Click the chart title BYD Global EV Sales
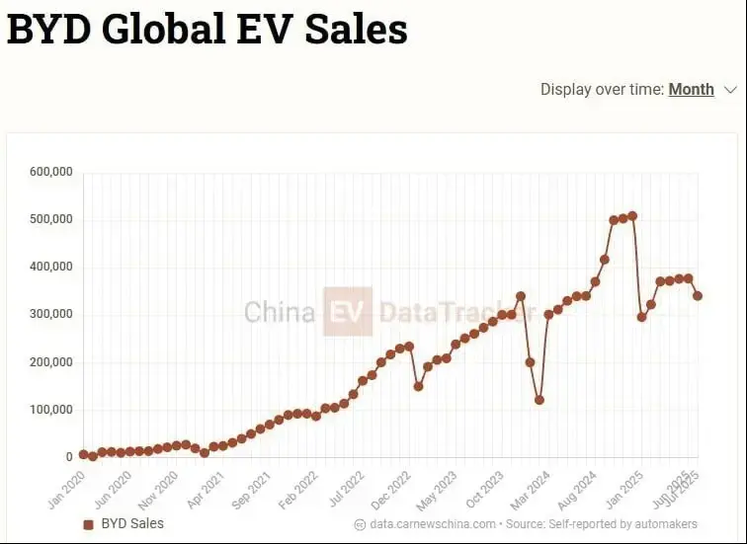point(207,30)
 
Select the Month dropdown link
point(691,89)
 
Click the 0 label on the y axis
point(69,457)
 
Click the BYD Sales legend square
point(88,524)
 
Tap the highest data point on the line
point(632,215)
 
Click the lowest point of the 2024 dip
point(539,400)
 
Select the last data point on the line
point(698,295)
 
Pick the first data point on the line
point(84,454)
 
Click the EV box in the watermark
point(348,312)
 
